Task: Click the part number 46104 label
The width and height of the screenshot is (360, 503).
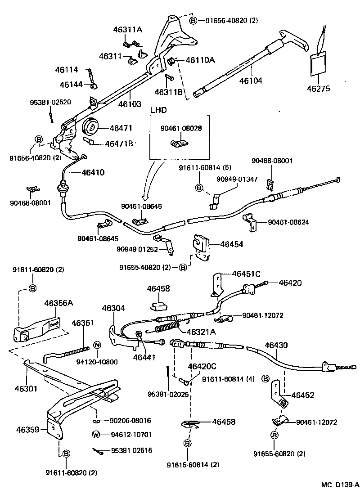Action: [x=251, y=81]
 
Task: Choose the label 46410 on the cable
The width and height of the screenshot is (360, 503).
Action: [x=93, y=172]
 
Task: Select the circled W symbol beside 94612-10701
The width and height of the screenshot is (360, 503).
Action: [x=95, y=435]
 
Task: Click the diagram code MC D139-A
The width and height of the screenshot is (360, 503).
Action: [x=340, y=485]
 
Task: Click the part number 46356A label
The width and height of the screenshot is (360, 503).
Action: [x=58, y=303]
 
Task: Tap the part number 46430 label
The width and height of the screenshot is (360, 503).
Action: [x=276, y=345]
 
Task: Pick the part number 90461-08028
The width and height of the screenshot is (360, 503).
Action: [x=181, y=128]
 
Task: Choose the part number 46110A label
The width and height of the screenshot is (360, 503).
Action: [x=200, y=59]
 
